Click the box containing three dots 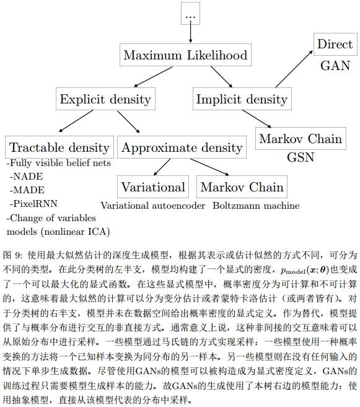190,13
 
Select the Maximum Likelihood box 185,55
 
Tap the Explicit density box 105,99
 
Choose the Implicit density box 242,99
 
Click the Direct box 335,44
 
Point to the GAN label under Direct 335,66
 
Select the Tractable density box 59,147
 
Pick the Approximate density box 182,147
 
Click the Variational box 153,187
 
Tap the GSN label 301,157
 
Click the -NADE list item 26,177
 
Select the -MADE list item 27,190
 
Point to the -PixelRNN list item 33,203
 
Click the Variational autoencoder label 153,206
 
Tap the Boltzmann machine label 256,206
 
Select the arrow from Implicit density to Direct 294,69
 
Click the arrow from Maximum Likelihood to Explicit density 153,77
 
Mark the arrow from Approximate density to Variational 162,167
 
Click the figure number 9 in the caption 18,255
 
